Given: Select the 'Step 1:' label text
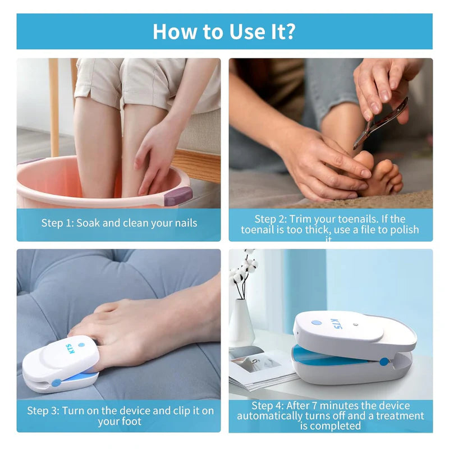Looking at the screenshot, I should click(x=58, y=223).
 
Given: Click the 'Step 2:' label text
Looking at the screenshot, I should click(x=271, y=219).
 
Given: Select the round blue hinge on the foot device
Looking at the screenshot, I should click(x=56, y=382).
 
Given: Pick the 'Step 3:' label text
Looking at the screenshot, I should click(x=44, y=411).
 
